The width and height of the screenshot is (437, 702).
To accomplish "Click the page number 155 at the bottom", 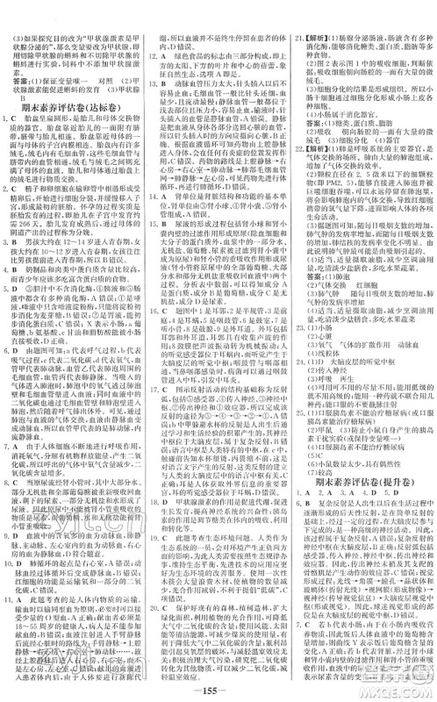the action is click(218, 689).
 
